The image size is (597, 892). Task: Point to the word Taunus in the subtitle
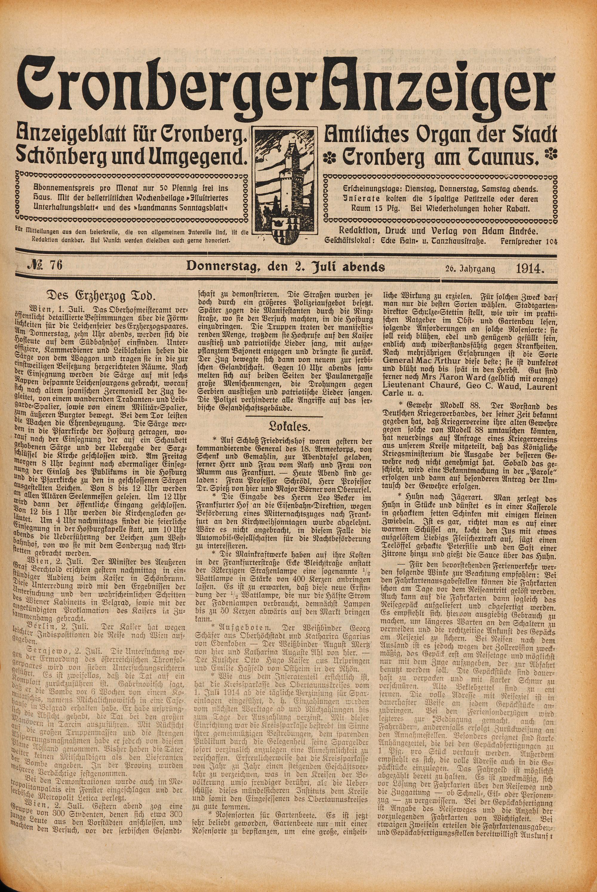tap(510, 157)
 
